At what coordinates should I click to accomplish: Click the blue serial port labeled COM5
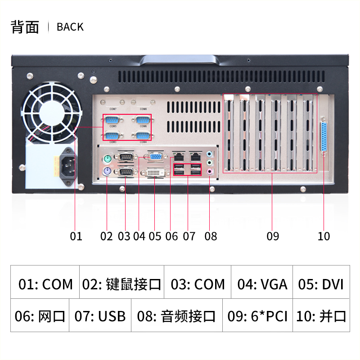[x=112, y=120]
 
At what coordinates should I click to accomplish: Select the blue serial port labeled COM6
[x=142, y=120]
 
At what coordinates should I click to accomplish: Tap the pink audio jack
[x=210, y=171]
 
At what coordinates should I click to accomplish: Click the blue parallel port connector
[x=323, y=137]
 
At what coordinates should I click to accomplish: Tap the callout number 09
[x=273, y=236]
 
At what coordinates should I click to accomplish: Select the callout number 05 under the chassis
[x=155, y=236]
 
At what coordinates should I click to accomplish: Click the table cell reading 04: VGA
[x=262, y=284]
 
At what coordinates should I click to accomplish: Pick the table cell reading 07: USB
[x=100, y=316]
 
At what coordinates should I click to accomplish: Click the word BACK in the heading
[x=70, y=27]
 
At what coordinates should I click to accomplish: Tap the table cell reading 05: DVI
[x=320, y=284]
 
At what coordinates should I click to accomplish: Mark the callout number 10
[x=324, y=236]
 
